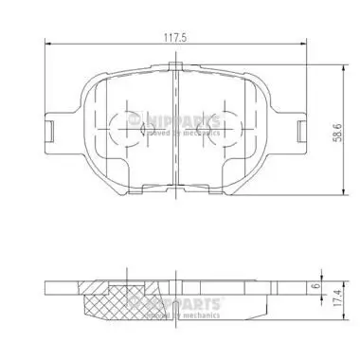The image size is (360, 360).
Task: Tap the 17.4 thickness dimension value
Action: point(334,307)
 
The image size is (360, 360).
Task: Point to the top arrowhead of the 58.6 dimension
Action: point(323,63)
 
